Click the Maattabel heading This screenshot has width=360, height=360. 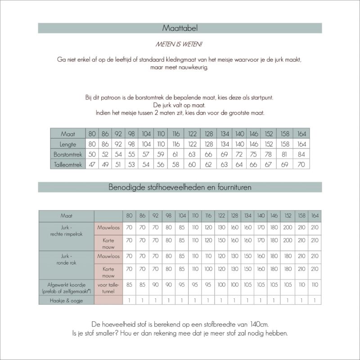tap(180, 28)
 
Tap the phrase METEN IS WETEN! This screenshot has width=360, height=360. tap(180, 45)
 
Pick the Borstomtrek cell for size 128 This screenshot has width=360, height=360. tap(209, 154)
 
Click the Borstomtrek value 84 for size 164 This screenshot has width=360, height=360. tap(302, 154)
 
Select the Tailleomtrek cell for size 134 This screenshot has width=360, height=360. tap(224, 165)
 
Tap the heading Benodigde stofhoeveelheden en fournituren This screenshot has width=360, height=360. tap(180, 187)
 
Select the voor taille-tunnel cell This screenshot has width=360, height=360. tap(108, 288)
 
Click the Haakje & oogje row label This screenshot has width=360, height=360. tap(66, 300)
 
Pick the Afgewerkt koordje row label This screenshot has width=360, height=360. tap(66, 288)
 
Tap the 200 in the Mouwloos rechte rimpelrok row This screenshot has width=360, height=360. tap(288, 228)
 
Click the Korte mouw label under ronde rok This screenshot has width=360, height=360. tap(108, 272)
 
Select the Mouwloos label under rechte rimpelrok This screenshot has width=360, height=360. tap(108, 228)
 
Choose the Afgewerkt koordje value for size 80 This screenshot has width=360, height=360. tap(129, 285)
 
